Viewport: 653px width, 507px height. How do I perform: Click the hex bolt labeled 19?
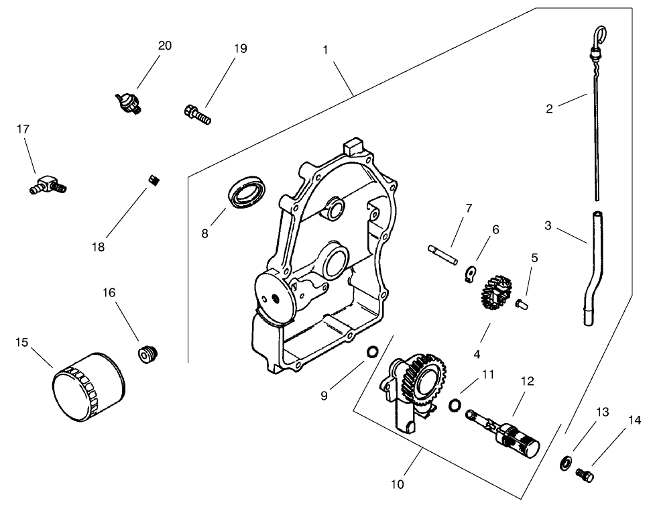click(196, 114)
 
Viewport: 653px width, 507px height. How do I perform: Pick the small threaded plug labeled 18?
click(153, 180)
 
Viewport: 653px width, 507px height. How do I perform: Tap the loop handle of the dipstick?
click(602, 33)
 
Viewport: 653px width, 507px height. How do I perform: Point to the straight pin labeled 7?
click(441, 253)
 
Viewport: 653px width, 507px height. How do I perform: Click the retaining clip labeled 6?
click(471, 273)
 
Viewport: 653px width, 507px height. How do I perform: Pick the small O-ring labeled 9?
click(372, 353)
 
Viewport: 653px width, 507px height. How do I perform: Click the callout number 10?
click(397, 484)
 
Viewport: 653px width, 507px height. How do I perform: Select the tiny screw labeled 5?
click(520, 304)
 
